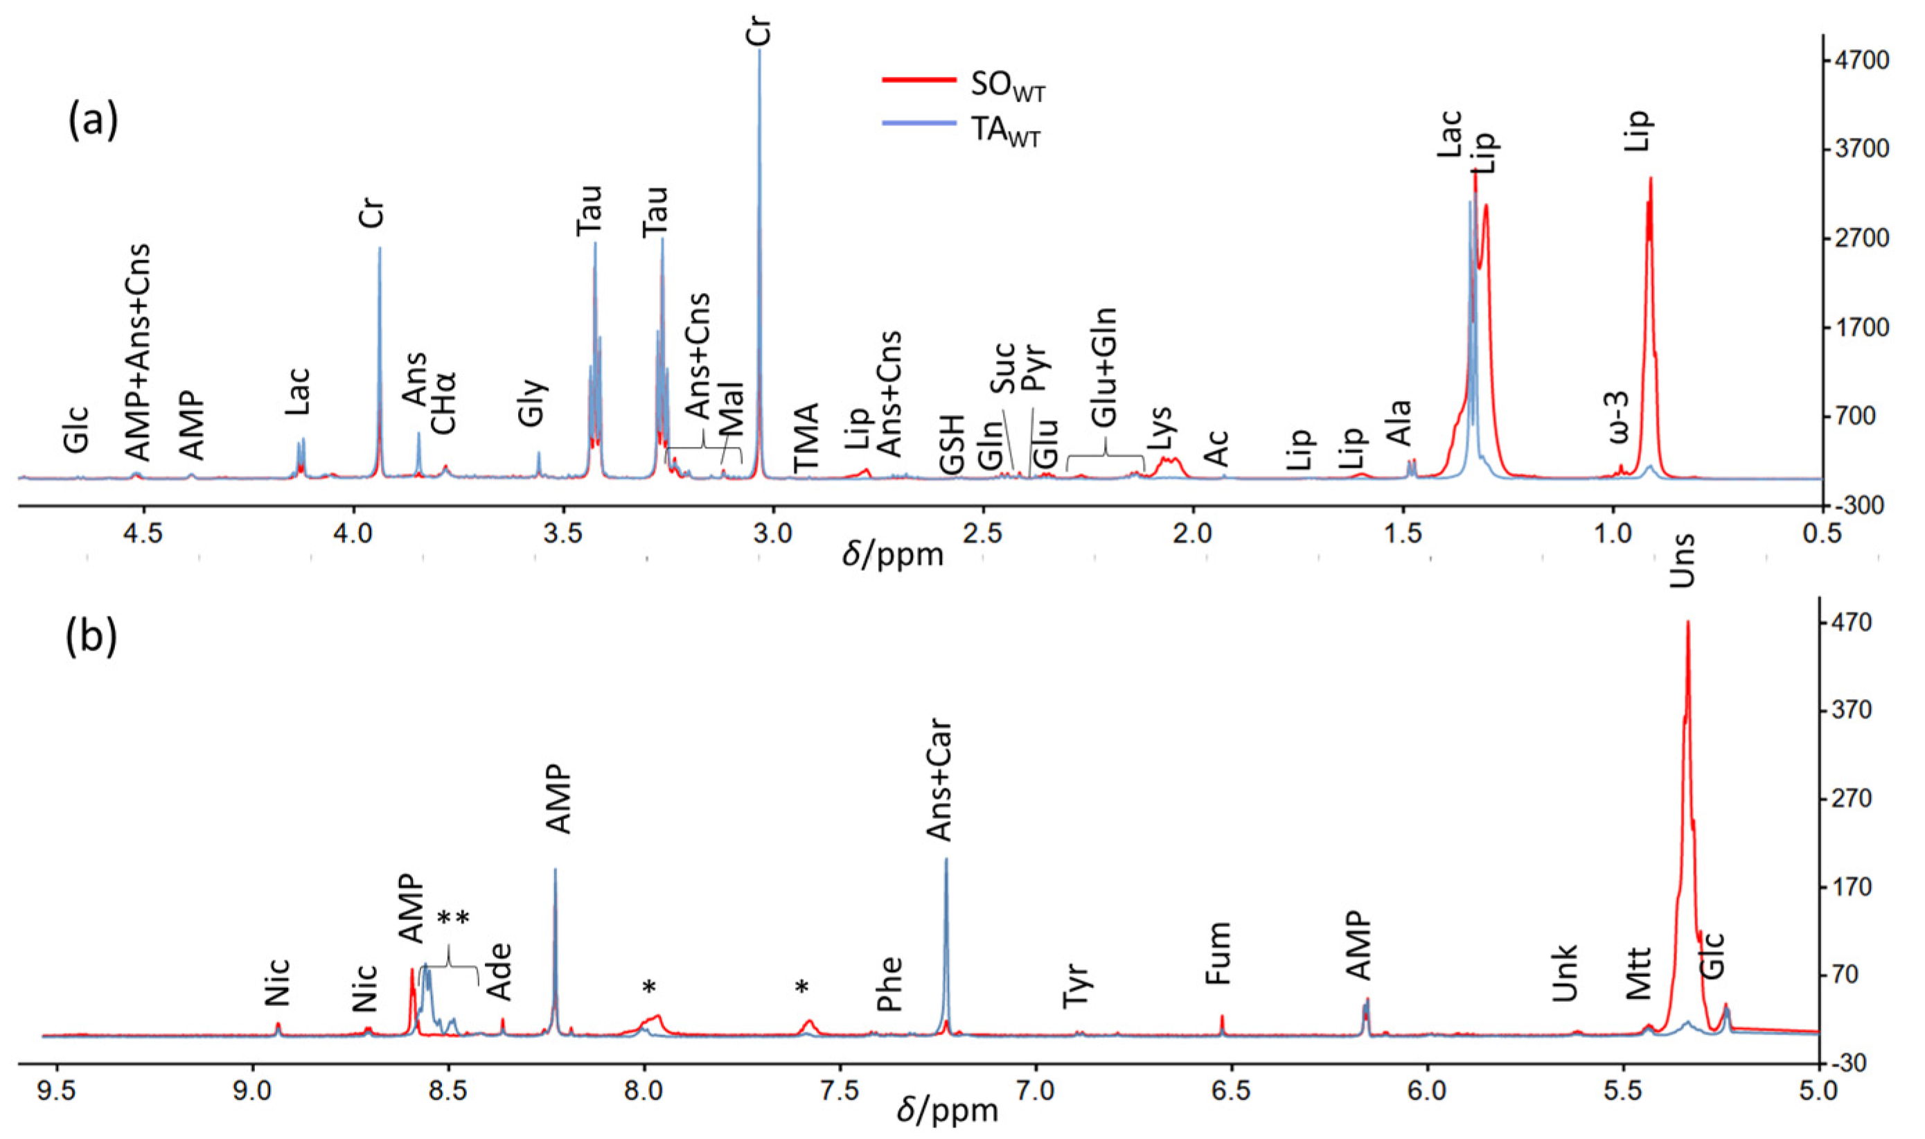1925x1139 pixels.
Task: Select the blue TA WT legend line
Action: (919, 123)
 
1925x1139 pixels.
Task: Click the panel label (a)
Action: (94, 122)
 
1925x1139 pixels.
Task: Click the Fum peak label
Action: (1218, 954)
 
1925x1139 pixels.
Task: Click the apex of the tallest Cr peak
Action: (760, 51)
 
